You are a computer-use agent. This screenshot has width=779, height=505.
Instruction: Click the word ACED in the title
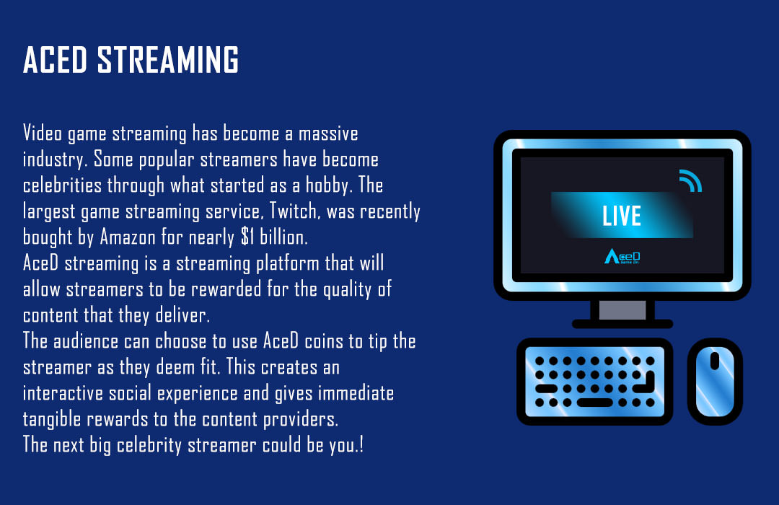(55, 60)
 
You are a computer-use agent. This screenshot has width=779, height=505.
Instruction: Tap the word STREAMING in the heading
(168, 60)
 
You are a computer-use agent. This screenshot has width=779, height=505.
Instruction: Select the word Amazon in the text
(128, 237)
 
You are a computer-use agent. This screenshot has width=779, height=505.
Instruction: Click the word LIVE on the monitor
(622, 216)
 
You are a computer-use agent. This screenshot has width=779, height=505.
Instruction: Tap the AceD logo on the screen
(622, 257)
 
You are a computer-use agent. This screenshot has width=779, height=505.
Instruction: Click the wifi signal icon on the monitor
(690, 181)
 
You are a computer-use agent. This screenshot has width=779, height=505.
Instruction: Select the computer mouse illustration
(715, 381)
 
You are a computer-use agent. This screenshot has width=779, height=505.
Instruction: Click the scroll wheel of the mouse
(715, 361)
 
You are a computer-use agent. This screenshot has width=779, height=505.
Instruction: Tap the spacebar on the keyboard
(594, 403)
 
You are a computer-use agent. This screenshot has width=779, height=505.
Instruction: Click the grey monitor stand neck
(622, 310)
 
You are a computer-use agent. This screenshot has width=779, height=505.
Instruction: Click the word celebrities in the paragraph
(62, 185)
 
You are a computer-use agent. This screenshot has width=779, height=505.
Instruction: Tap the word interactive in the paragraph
(63, 393)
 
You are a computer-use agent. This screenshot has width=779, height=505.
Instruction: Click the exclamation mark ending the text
(361, 444)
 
